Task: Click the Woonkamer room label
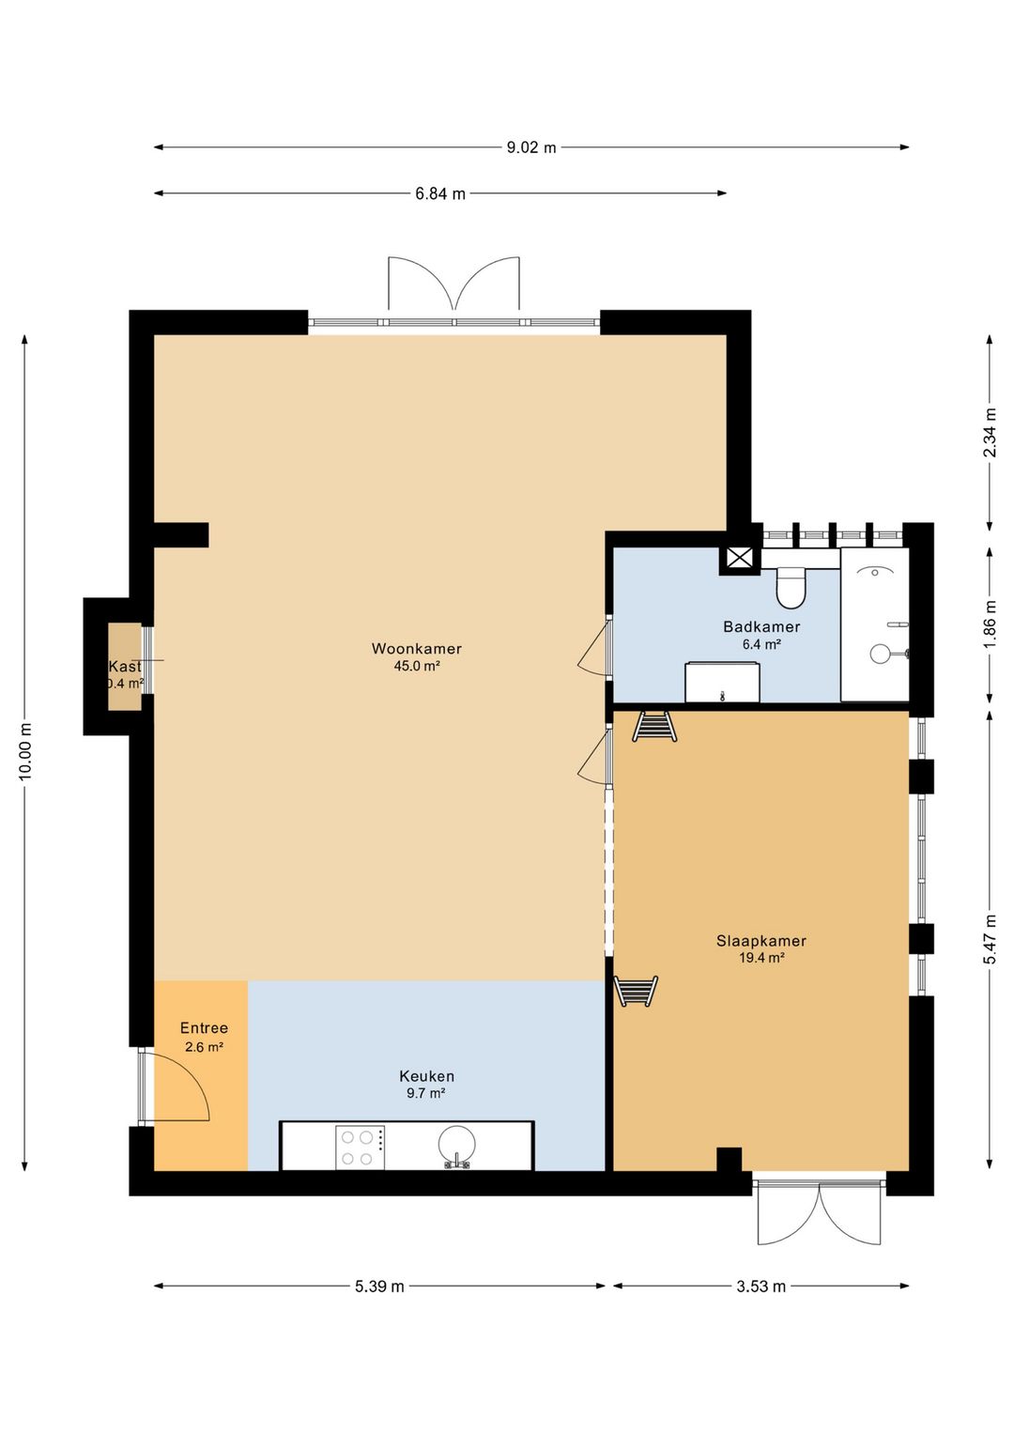417,649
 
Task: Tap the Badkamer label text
761,627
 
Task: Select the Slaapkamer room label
760,941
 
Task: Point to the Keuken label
426,1076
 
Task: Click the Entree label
204,1028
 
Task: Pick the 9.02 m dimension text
531,147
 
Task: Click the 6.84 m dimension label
440,193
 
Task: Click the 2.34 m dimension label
990,433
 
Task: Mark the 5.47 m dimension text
990,940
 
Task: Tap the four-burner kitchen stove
361,1148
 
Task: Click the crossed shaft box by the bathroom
740,558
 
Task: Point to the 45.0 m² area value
417,666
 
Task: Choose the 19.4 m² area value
761,958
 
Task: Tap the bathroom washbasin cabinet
722,682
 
